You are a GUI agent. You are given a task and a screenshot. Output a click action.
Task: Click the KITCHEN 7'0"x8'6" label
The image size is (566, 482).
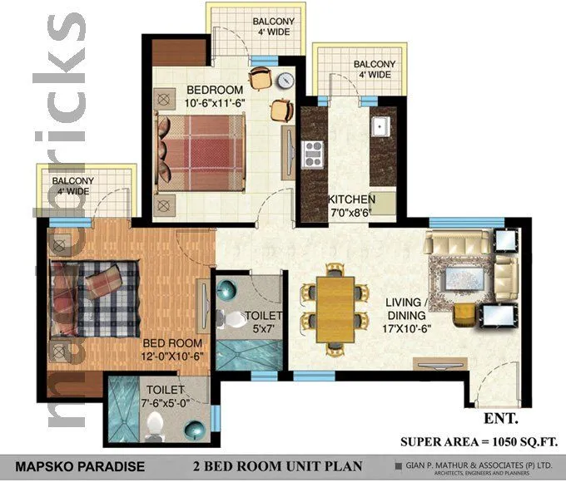click(x=350, y=206)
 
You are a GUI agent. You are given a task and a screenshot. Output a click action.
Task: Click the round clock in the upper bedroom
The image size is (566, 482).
click(x=285, y=81)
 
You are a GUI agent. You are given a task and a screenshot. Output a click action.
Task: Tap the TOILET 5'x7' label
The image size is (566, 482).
click(x=263, y=322)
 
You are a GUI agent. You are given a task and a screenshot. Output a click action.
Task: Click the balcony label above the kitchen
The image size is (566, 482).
click(x=373, y=70)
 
